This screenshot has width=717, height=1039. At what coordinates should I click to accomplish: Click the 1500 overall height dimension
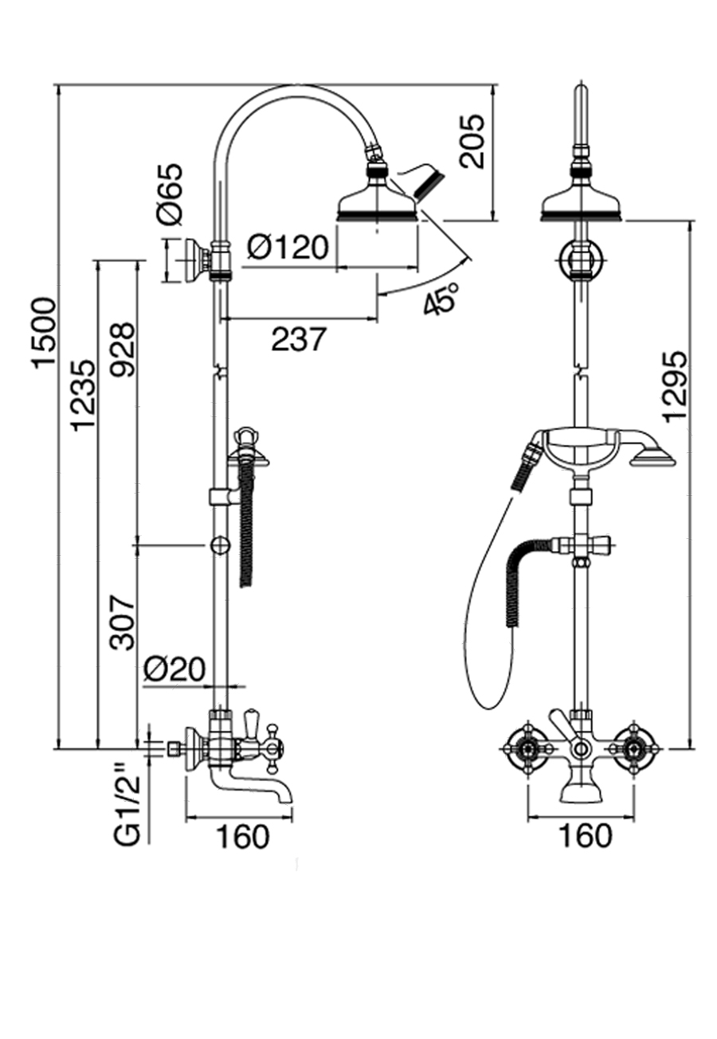tap(45, 332)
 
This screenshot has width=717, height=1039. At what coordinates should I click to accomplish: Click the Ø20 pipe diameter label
tap(174, 668)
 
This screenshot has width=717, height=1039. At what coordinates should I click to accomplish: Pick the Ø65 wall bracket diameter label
tap(170, 193)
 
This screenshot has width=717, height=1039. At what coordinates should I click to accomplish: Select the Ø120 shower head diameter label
tap(287, 248)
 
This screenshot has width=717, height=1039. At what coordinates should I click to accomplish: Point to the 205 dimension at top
tap(473, 141)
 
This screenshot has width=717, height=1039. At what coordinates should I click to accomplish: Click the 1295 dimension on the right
tap(674, 385)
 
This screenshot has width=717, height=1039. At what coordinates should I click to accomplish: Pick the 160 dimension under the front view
tap(585, 836)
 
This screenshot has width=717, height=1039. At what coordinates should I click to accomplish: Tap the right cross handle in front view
tap(635, 748)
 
